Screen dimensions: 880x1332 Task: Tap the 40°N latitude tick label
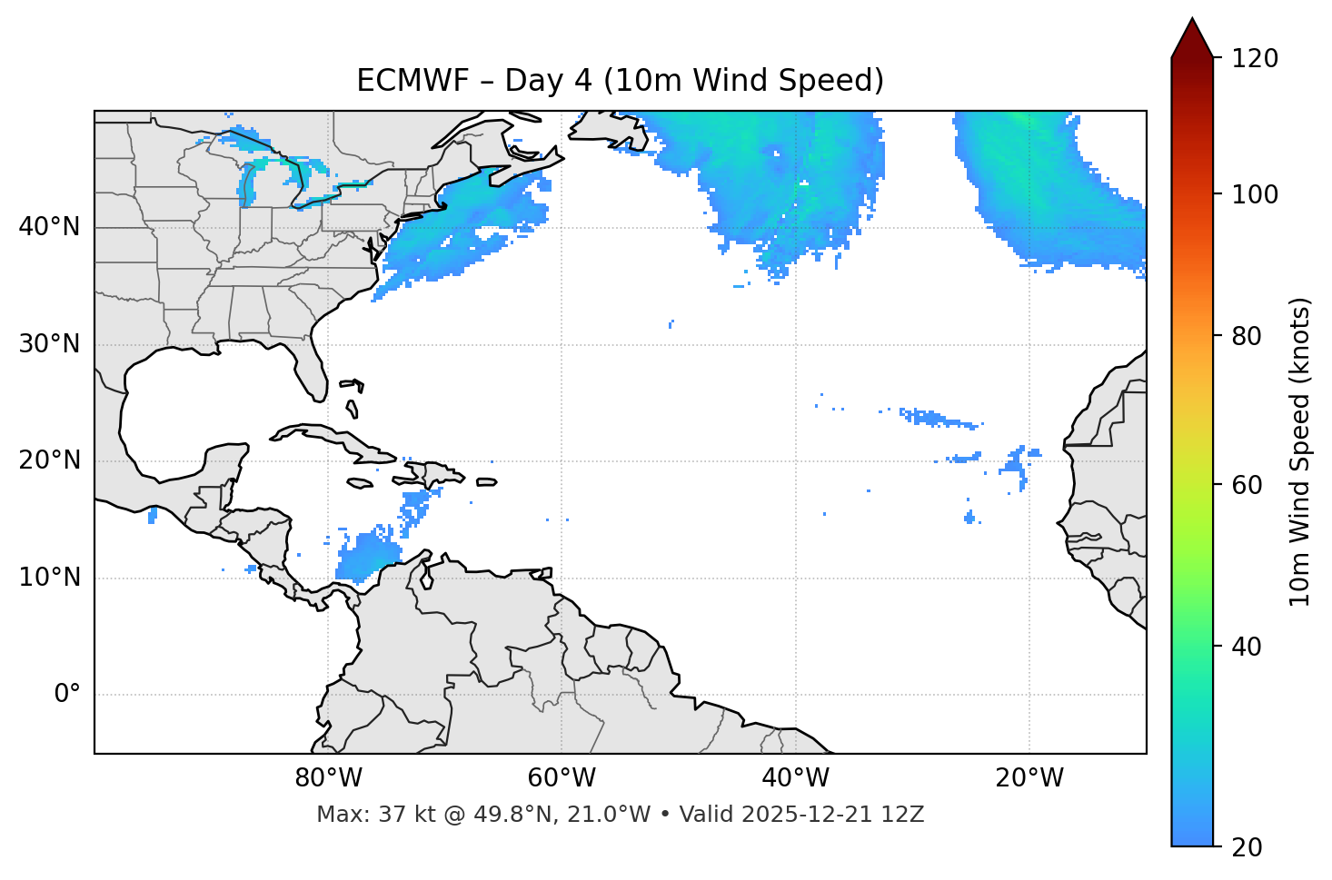[x=49, y=227]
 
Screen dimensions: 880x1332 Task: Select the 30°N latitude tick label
[x=49, y=344]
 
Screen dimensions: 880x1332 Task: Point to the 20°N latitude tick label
[x=49, y=460]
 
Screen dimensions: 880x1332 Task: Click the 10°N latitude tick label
[x=49, y=578]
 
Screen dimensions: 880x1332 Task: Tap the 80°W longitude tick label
[x=328, y=778]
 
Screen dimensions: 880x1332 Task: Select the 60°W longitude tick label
[x=562, y=778]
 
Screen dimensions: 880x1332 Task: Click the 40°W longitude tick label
[x=795, y=778]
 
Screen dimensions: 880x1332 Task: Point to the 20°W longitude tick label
[x=1029, y=778]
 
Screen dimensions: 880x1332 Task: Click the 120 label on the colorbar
[x=1254, y=58]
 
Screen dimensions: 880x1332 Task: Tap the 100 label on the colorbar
[x=1254, y=194]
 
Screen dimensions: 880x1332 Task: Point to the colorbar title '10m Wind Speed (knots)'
[x=1300, y=451]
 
